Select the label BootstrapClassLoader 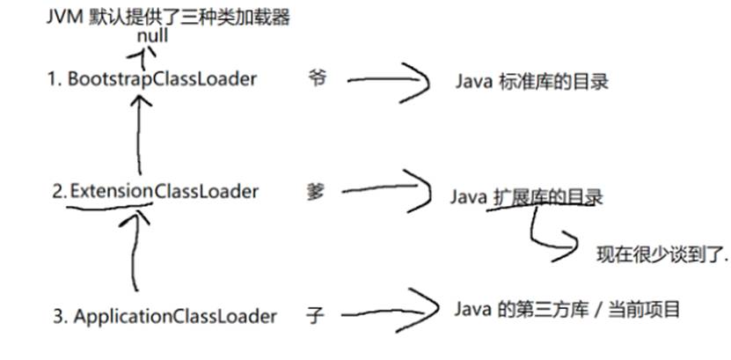(162, 79)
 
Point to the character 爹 (317, 191)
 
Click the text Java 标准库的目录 (531, 82)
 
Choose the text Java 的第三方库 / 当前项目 (567, 310)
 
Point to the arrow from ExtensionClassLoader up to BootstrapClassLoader (137, 136)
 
